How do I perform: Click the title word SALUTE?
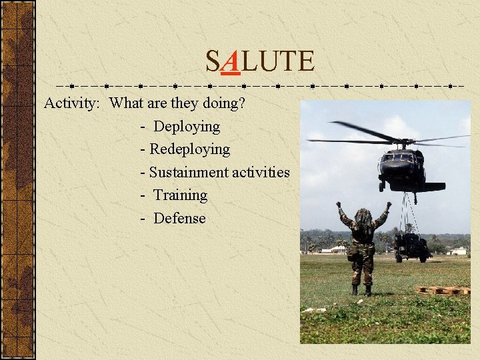[259, 62]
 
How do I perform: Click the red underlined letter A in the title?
[230, 62]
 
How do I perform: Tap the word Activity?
[72, 103]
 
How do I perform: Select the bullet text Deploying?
[187, 127]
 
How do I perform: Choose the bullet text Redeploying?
[189, 149]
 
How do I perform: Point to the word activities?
[261, 172]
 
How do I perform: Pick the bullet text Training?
[181, 195]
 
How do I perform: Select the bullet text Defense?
[179, 218]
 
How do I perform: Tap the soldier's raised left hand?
[338, 205]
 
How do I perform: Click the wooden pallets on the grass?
[444, 290]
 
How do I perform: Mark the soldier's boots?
[361, 290]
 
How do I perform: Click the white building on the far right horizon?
[459, 251]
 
